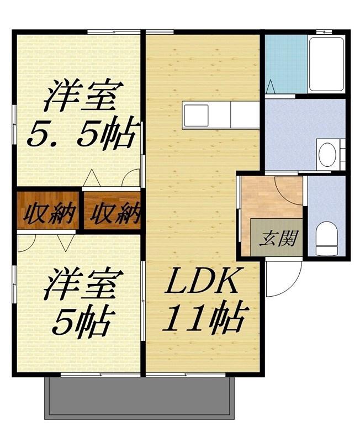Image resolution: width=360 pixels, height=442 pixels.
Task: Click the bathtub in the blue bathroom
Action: (x=326, y=64)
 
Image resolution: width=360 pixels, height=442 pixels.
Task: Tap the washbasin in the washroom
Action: (x=327, y=154)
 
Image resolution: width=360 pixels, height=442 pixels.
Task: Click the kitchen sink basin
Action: (x=196, y=115)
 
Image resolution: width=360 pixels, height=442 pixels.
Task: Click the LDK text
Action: (x=201, y=281)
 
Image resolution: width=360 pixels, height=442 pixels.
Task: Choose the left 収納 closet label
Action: (x=49, y=213)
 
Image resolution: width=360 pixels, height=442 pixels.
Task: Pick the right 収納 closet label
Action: (x=115, y=213)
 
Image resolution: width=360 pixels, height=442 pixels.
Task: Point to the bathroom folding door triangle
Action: (x=271, y=86)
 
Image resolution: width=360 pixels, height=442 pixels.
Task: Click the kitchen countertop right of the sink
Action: (x=245, y=115)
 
